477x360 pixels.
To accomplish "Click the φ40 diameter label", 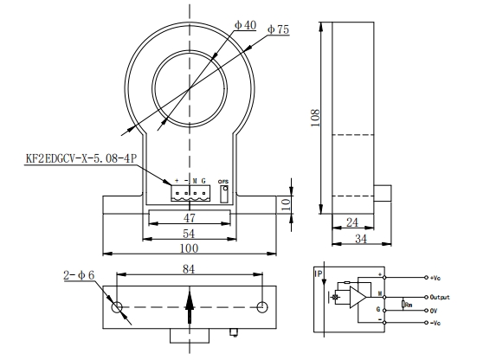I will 246,26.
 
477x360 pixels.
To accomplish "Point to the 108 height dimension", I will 315,117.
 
